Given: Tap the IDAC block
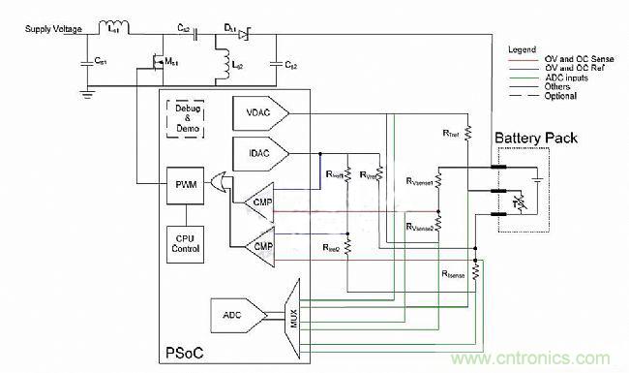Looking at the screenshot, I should click(x=257, y=153).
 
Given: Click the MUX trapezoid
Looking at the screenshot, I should click(x=291, y=314).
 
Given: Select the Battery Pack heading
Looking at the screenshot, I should click(x=536, y=139).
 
